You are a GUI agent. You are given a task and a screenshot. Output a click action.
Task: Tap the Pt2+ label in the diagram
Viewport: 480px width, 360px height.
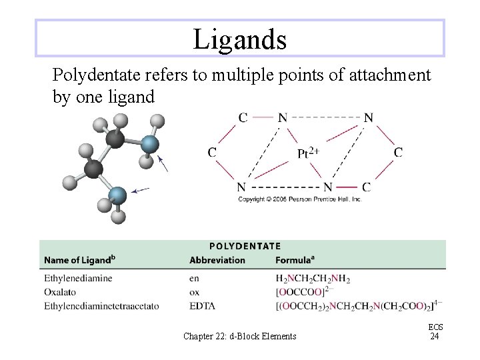click(307, 153)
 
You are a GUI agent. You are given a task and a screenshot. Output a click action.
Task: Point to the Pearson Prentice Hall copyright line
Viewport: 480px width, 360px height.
click(299, 199)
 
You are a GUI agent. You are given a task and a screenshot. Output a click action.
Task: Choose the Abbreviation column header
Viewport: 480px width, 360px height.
click(217, 260)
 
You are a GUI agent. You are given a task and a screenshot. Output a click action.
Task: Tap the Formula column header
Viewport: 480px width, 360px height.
click(294, 260)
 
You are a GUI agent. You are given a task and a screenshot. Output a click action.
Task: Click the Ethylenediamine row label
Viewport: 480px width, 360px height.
click(78, 278)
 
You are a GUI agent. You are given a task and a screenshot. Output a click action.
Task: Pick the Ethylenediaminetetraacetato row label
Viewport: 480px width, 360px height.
click(101, 306)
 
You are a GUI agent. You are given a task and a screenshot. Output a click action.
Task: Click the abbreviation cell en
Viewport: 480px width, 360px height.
click(194, 278)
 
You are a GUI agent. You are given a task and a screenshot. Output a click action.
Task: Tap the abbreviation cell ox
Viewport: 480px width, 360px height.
click(194, 292)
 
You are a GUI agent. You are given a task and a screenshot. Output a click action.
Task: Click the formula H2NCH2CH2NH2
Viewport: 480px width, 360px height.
click(312, 279)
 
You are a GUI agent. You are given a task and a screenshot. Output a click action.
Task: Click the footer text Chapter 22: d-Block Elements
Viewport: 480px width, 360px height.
click(239, 336)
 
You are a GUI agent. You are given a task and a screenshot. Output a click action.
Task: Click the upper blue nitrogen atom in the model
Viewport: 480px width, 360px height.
click(150, 145)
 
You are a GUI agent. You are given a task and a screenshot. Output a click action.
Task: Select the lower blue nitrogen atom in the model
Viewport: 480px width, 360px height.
click(117, 195)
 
